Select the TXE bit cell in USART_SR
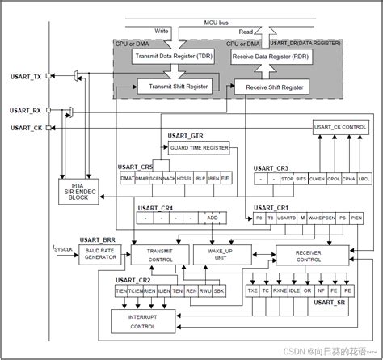251,288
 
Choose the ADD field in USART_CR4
213,218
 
